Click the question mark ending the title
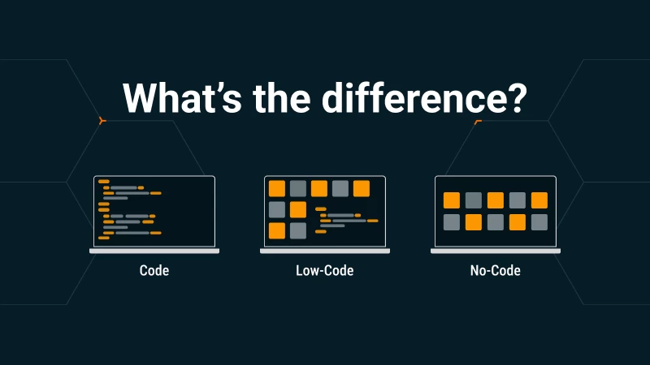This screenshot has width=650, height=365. [513, 98]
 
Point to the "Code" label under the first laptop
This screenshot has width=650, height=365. [154, 270]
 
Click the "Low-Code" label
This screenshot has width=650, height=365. [325, 270]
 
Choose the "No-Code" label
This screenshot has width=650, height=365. [495, 270]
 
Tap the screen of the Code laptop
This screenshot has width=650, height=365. [154, 211]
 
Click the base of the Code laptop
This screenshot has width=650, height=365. [154, 251]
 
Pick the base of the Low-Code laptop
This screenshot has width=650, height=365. [325, 251]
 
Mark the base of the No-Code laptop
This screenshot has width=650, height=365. [496, 251]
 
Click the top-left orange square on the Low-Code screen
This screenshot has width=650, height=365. [277, 189]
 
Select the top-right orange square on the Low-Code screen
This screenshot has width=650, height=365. [362, 189]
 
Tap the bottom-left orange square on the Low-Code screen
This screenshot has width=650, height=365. [277, 231]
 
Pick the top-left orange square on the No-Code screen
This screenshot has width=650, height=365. [452, 200]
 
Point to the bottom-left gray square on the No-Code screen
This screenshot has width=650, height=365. [452, 222]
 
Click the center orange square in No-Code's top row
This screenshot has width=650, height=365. [496, 200]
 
